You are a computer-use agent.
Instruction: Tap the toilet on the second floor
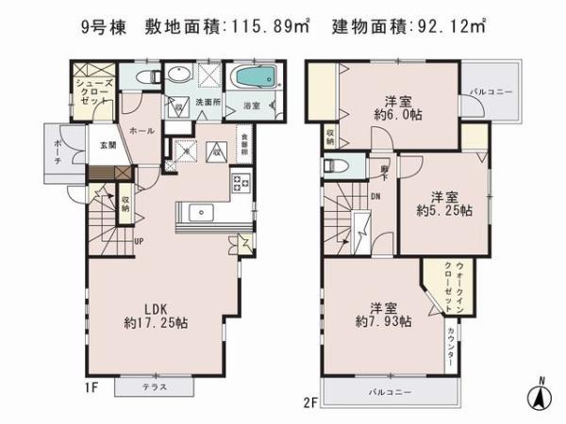(336, 167)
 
